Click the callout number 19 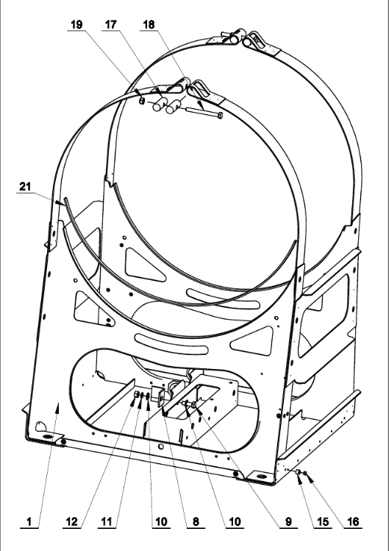click(x=76, y=24)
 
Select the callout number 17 click(x=110, y=24)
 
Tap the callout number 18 click(x=149, y=24)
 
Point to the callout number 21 click(x=25, y=186)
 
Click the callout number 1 click(x=29, y=522)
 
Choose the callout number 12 click(x=71, y=522)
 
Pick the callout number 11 click(x=107, y=522)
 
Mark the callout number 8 click(x=196, y=522)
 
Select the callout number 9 click(x=288, y=522)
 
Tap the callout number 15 click(x=322, y=522)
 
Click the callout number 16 click(x=353, y=522)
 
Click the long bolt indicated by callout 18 click(x=204, y=112)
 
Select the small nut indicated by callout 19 click(x=142, y=101)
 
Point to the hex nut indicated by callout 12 click(x=137, y=394)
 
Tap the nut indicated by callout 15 click(x=298, y=472)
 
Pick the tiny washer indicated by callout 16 click(x=305, y=473)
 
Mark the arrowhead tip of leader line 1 click(x=59, y=403)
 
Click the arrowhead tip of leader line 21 click(x=65, y=204)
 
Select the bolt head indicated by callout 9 click(x=194, y=405)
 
